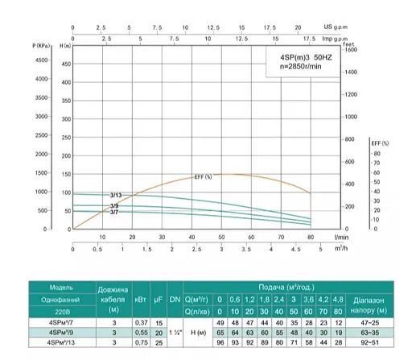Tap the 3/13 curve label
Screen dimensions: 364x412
point(116,196)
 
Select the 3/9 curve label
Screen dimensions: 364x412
point(115,207)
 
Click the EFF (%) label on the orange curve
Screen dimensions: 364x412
point(204,176)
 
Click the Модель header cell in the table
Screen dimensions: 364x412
point(50,286)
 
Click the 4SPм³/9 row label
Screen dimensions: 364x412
point(50,332)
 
